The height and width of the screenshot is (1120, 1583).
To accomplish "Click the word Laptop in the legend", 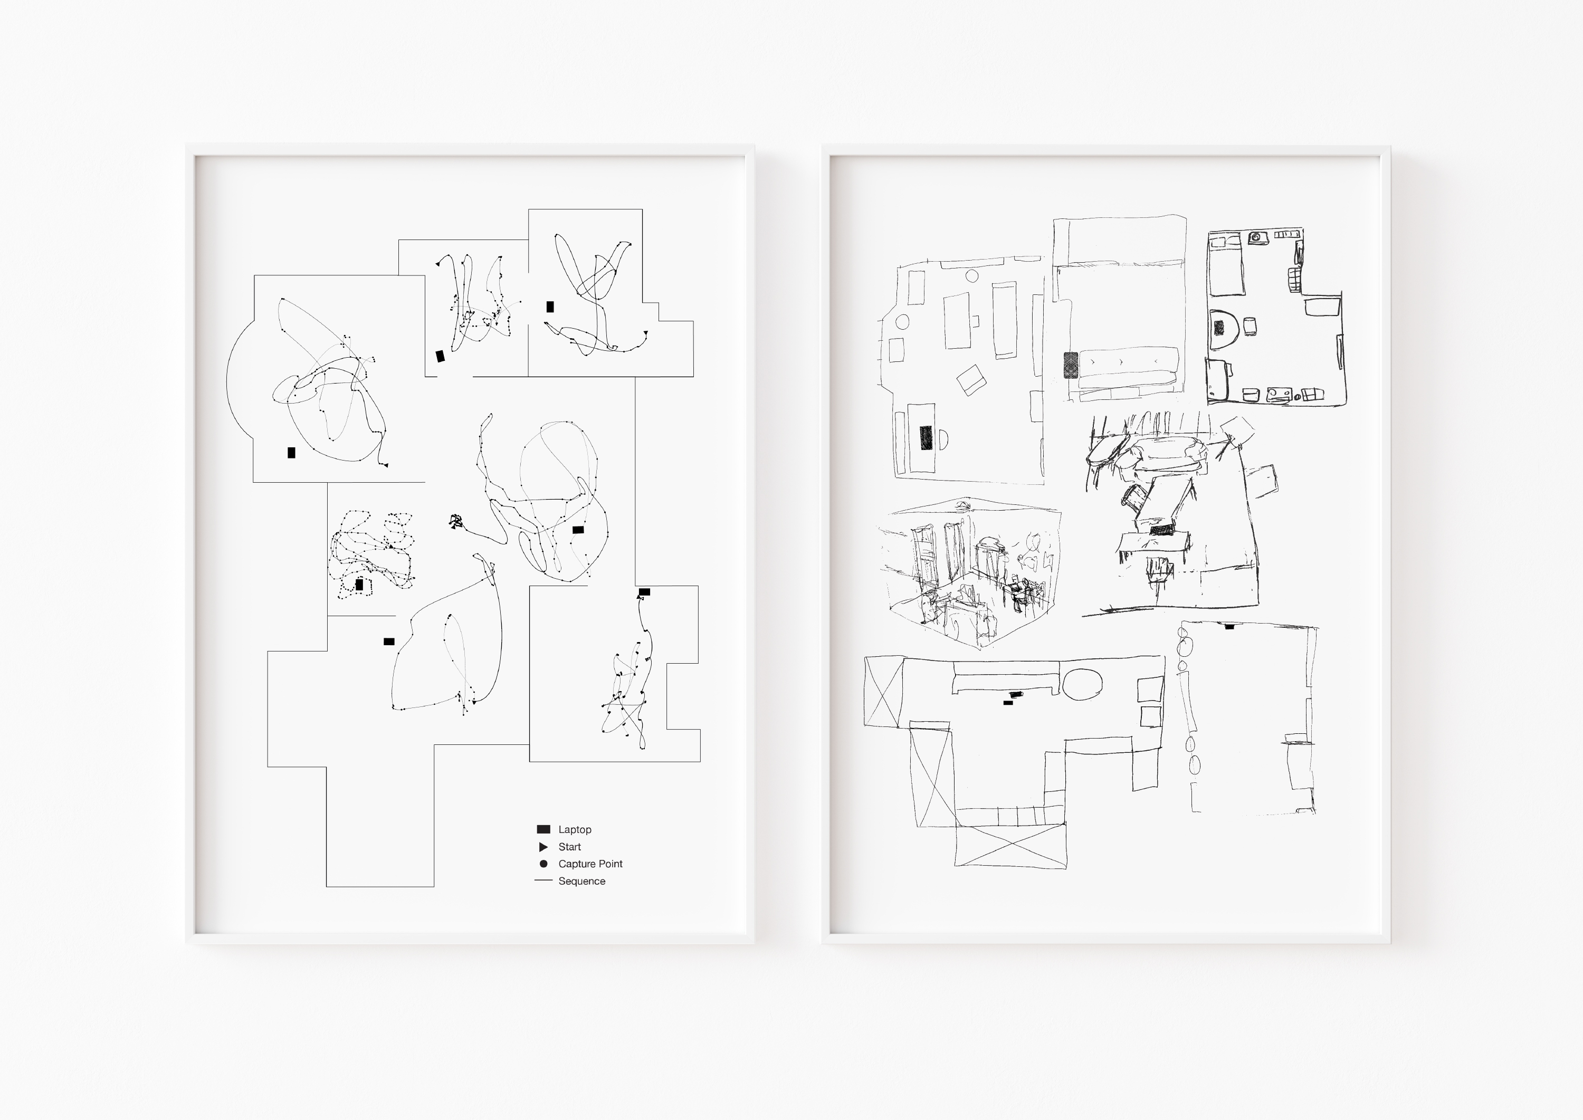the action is (x=575, y=830).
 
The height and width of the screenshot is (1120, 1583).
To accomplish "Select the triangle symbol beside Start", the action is (x=543, y=847).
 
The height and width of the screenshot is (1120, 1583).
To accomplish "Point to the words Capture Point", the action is (x=590, y=864).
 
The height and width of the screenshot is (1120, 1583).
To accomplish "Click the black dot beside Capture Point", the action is (x=543, y=864).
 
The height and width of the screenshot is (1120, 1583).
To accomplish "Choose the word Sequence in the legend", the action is (x=581, y=882).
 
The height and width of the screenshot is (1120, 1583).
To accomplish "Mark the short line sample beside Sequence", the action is (x=543, y=880).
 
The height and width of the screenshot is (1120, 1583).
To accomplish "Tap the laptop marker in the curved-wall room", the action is (x=291, y=453).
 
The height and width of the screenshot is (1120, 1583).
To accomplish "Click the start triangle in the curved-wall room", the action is (x=386, y=465).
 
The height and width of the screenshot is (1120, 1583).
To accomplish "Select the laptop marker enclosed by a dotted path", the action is (x=359, y=585).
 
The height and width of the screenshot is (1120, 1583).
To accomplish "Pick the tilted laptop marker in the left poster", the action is (x=440, y=356).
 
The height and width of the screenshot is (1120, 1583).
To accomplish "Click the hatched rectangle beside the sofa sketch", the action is (x=1071, y=365).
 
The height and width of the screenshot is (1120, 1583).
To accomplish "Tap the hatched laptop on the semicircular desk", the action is (x=1219, y=328).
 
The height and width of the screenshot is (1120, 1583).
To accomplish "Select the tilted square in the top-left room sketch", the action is (x=971, y=379).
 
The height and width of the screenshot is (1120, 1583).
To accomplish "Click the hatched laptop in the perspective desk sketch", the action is (x=1161, y=530).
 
